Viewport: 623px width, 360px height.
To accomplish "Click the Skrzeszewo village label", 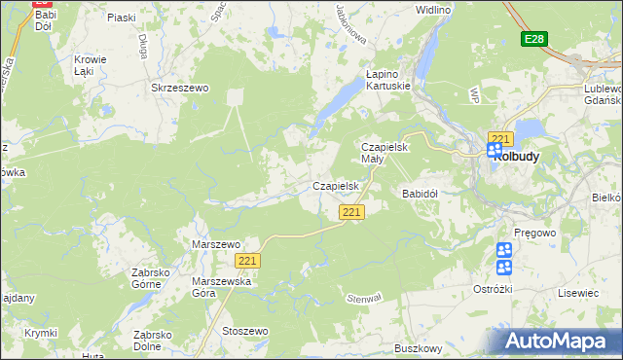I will (x=180, y=88).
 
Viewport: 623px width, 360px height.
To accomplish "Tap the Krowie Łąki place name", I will (x=90, y=65).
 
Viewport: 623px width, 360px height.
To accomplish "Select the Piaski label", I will (x=122, y=18).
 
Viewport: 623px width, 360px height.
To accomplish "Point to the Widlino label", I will (x=432, y=10).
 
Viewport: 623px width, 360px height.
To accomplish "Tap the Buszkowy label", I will (x=420, y=347).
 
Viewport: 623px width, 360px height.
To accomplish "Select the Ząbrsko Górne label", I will (x=158, y=279).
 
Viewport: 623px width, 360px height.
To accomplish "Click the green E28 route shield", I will (x=532, y=39).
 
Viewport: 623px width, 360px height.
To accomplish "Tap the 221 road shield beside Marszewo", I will (x=247, y=261).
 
